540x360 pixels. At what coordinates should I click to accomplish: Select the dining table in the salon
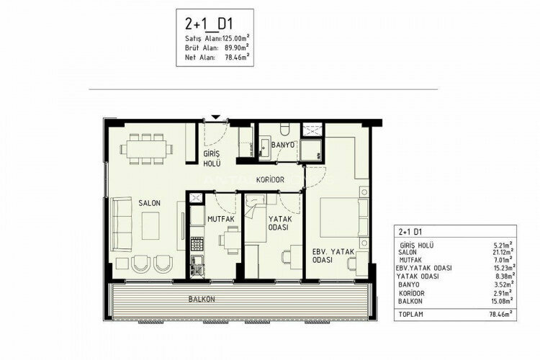pos(145,149)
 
